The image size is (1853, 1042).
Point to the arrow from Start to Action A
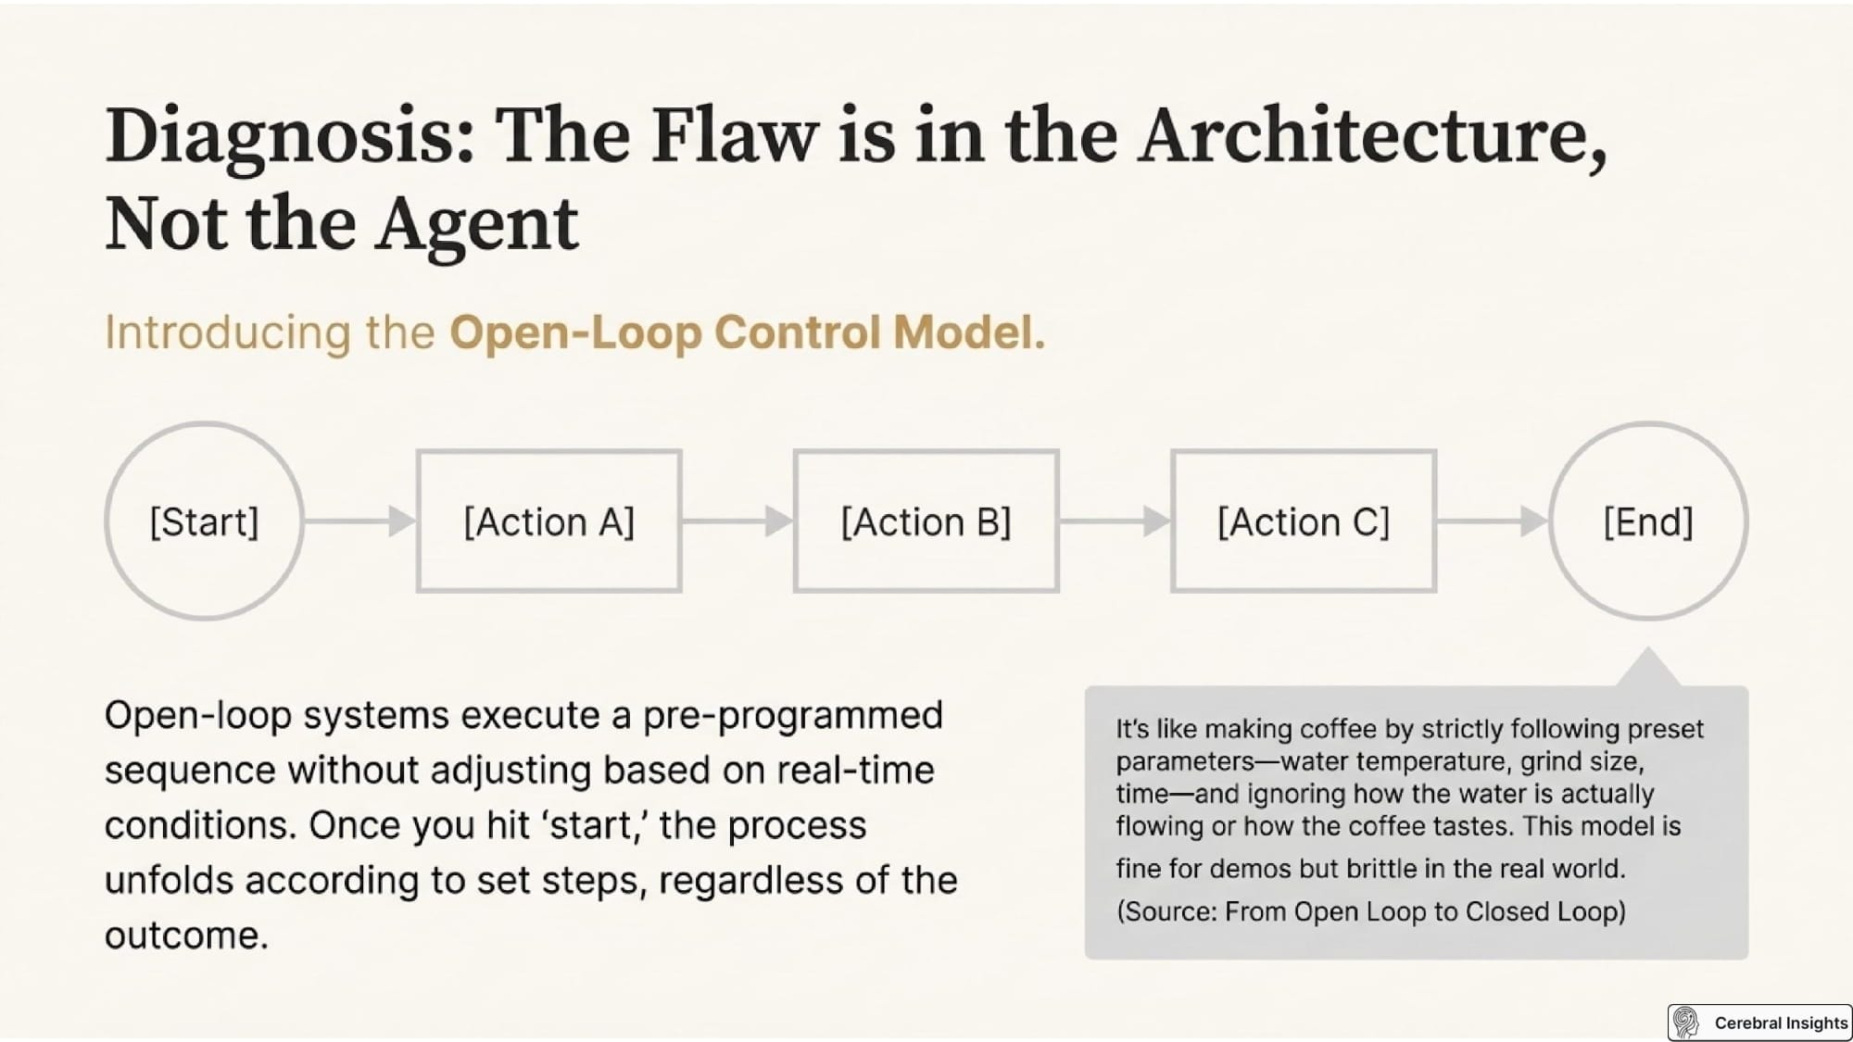pos(359,521)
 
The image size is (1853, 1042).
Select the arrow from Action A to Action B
pos(737,521)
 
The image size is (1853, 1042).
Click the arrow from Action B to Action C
pos(1115,521)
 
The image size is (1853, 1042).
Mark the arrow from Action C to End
pos(1493,521)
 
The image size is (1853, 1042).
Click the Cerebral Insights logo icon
pos(1686,1023)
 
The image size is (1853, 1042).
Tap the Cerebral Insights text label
pos(1781,1023)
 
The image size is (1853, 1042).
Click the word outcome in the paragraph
pos(186,935)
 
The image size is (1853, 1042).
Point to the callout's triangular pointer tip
pos(1648,648)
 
